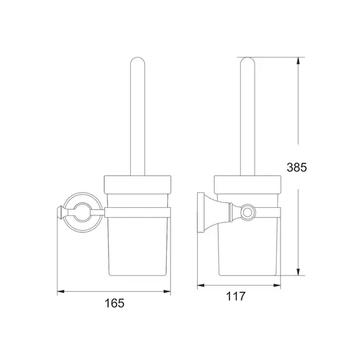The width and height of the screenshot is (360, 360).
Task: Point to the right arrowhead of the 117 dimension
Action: pos(278,285)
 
